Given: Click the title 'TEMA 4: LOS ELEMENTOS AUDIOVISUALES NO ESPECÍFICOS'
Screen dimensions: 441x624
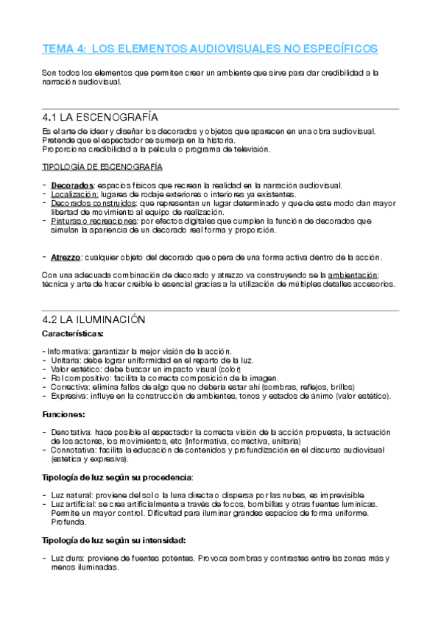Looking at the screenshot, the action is click(x=210, y=49).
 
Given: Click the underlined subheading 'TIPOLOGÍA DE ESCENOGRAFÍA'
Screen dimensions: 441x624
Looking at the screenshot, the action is click(x=102, y=168).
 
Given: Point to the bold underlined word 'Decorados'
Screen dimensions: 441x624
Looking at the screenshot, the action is click(x=73, y=185).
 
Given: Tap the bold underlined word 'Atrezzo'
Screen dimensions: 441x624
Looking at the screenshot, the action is click(x=66, y=257).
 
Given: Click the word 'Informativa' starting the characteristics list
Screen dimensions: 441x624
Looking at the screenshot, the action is click(x=69, y=351).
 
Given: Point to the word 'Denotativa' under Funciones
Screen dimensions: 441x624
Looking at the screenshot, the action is click(x=72, y=432).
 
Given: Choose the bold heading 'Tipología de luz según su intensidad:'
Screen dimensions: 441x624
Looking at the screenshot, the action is click(x=114, y=540).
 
